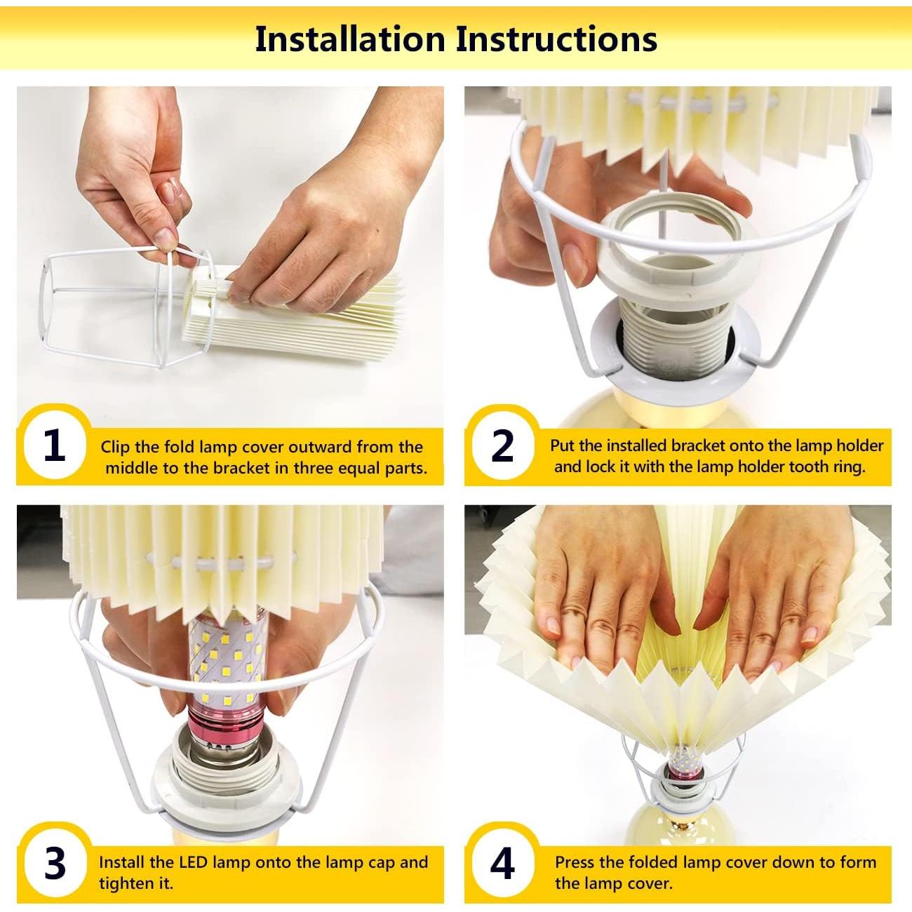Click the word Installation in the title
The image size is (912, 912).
point(350,39)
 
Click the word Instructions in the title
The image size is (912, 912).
point(556,39)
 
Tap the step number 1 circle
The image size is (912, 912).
point(55,445)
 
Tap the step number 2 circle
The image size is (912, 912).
point(502,445)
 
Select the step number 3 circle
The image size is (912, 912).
point(55,864)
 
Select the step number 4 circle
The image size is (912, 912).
point(502,864)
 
